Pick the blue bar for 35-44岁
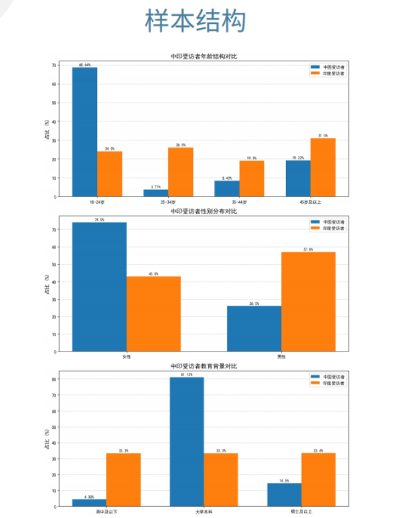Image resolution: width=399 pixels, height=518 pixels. point(227,188)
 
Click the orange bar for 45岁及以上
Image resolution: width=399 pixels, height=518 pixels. point(323,167)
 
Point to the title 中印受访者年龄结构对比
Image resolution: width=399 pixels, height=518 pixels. point(203,56)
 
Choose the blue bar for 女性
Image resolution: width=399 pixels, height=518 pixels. point(99,286)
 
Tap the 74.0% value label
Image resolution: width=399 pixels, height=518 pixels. point(99,219)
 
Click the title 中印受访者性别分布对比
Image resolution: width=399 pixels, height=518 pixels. point(203,211)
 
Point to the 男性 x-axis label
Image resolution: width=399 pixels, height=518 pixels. point(281,356)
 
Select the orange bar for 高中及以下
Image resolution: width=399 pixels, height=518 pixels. point(124,479)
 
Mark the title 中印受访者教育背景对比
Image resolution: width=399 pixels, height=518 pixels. point(203,366)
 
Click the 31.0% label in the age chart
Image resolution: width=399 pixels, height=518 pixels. point(323,135)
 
